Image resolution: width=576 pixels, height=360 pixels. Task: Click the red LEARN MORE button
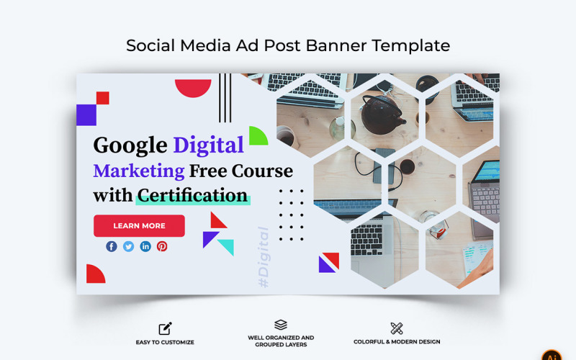tap(139, 226)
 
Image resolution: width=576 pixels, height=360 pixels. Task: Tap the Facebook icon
tap(112, 246)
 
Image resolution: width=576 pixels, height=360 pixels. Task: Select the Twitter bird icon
tap(128, 246)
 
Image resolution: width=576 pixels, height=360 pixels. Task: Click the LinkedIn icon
tap(145, 246)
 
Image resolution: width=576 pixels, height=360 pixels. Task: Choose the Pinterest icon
tap(162, 246)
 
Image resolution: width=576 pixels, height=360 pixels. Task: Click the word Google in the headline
tap(130, 145)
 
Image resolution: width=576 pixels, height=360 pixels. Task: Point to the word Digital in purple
tap(208, 145)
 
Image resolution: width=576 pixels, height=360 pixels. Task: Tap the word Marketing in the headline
tap(139, 171)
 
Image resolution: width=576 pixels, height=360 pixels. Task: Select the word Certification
tap(193, 195)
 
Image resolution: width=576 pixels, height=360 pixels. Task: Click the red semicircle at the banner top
tap(193, 87)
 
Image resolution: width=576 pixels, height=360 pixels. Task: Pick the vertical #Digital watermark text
tap(264, 258)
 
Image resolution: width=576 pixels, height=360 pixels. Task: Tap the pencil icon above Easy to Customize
tap(165, 328)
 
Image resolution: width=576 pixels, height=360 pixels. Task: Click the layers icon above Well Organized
tap(281, 325)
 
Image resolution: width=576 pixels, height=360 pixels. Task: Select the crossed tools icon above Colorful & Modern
tap(397, 328)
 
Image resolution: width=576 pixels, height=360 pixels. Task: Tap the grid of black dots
tap(291, 215)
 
